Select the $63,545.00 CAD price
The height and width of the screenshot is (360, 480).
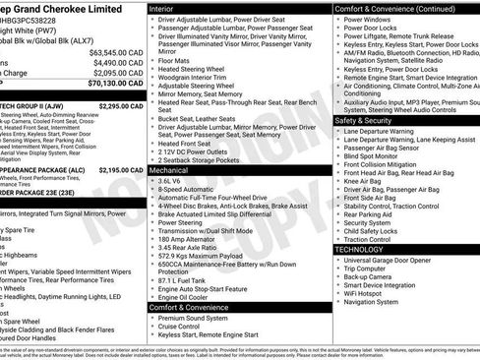point(116,51)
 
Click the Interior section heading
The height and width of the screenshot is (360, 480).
point(162,8)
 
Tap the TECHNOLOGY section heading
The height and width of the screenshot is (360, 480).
point(359,250)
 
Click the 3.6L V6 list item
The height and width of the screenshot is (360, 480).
point(172,181)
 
